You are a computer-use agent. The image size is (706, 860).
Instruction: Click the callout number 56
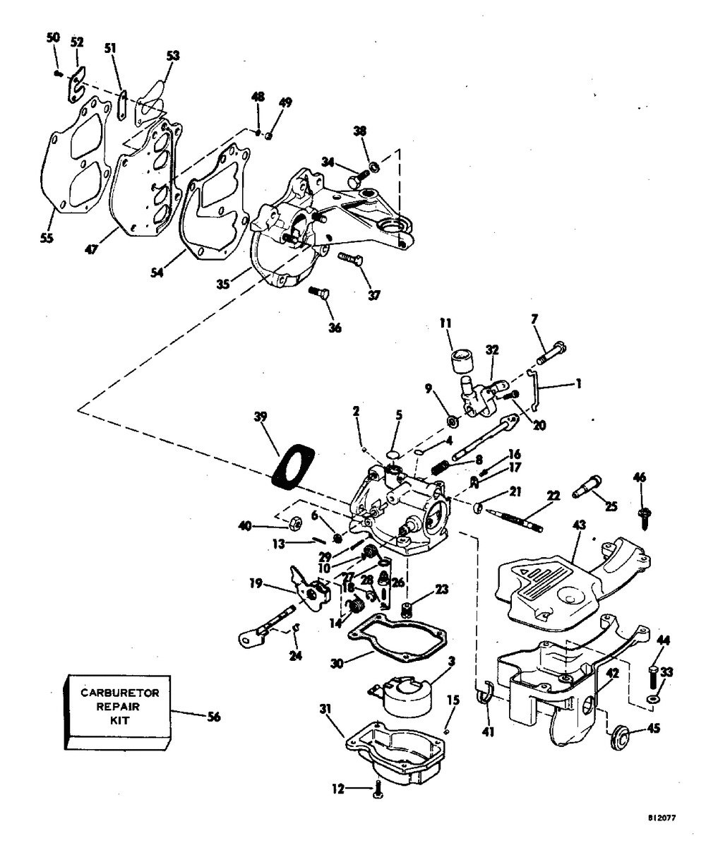[213, 717]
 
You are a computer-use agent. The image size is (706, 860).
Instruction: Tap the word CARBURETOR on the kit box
[119, 693]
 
